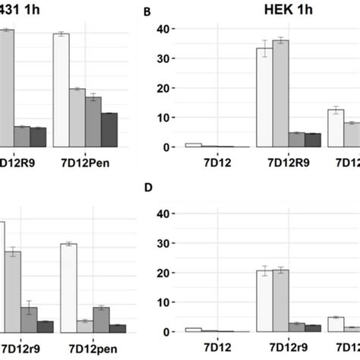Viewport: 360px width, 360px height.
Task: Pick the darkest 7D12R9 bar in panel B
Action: [312, 140]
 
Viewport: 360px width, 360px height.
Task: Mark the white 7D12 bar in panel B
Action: [194, 144]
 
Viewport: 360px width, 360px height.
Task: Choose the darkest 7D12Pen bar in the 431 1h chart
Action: [109, 130]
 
